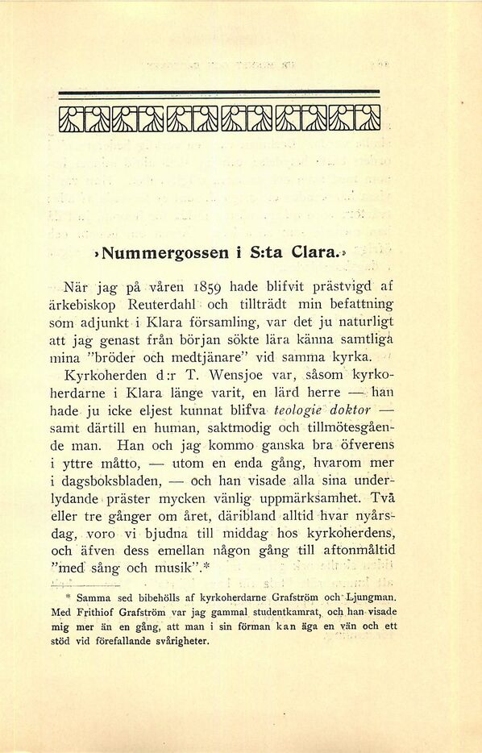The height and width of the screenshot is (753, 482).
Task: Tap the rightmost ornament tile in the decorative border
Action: pyautogui.click(x=367, y=119)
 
